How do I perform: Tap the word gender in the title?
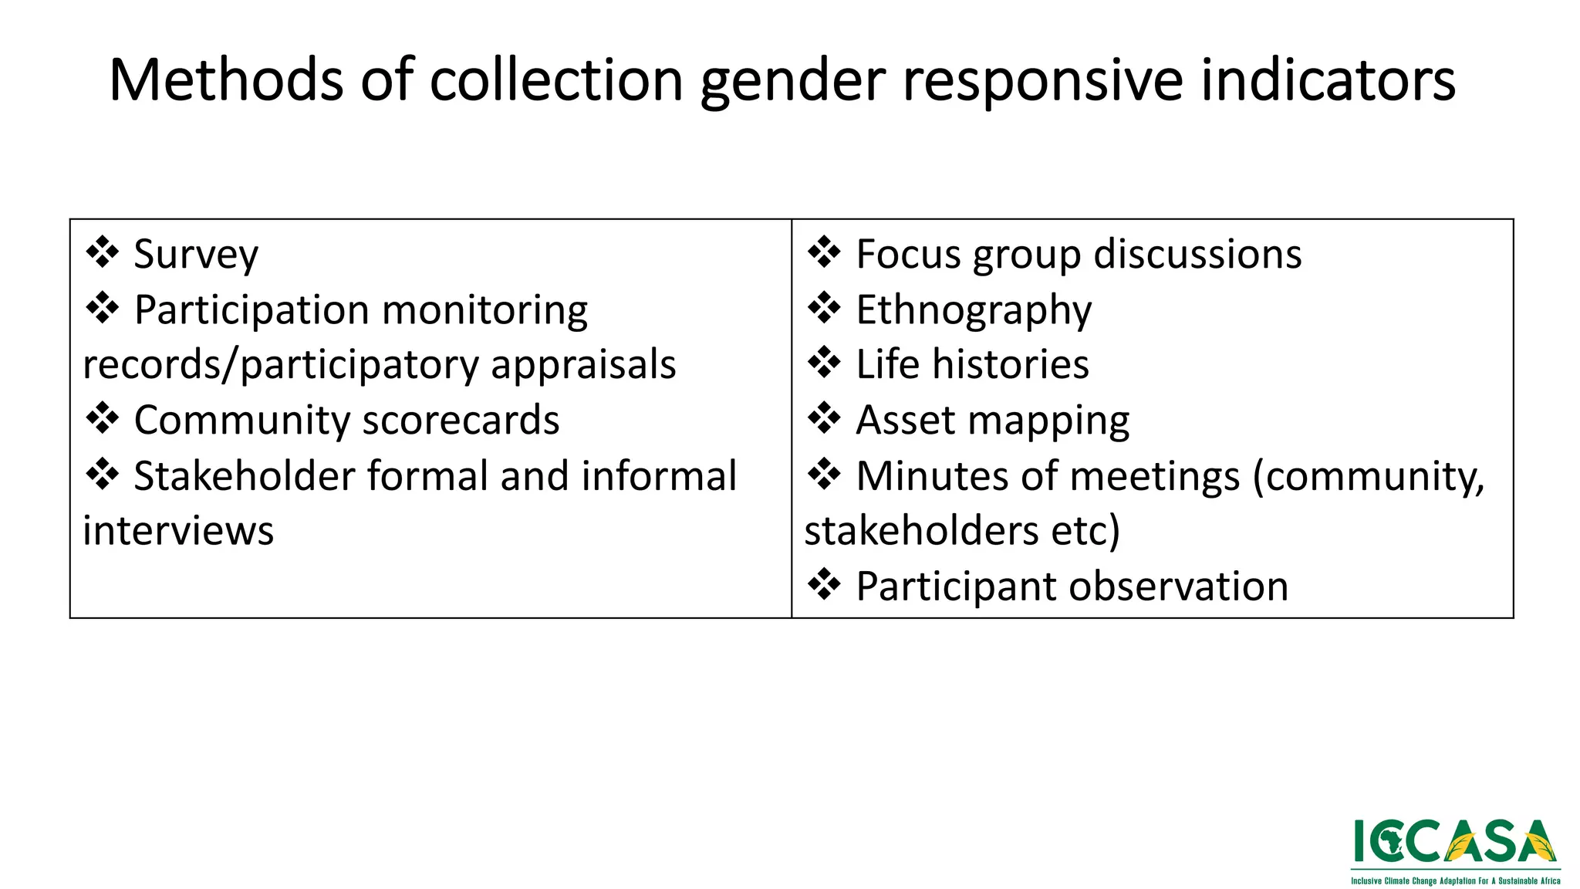[793, 81]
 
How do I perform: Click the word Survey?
[196, 255]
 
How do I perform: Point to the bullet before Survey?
[102, 252]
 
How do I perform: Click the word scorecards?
[461, 420]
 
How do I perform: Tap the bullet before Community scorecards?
[102, 418]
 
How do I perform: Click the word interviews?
[178, 531]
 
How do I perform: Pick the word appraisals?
[583, 365]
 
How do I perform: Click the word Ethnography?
[974, 310]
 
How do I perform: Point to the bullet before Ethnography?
[824, 308]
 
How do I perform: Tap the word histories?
[1011, 364]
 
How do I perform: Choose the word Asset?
[905, 421]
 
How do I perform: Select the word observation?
[1180, 586]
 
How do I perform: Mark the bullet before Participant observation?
[824, 584]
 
